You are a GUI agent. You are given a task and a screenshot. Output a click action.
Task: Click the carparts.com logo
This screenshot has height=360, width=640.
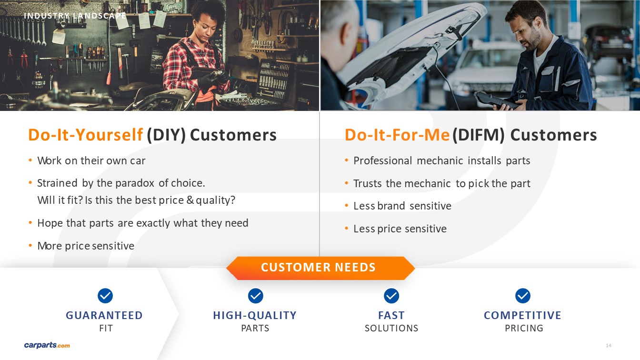coord(47,345)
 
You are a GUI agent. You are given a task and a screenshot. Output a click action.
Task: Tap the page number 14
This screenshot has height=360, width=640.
coord(608,345)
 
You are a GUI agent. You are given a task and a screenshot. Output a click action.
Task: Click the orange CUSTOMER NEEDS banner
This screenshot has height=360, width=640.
coord(320,268)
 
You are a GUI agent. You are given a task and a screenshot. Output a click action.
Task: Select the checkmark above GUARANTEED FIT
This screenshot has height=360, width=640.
coord(105,296)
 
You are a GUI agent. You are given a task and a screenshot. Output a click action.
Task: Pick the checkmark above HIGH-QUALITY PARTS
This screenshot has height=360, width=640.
coord(255,296)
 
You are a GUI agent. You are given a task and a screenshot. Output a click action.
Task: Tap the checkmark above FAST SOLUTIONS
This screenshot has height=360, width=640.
coord(391,296)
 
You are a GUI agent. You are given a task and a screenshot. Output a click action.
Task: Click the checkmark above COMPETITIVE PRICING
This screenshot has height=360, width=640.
coord(523,296)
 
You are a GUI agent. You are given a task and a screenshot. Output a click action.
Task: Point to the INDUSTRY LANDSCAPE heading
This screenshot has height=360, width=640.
coord(75,16)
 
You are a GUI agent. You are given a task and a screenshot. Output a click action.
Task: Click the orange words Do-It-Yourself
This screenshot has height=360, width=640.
coord(85,135)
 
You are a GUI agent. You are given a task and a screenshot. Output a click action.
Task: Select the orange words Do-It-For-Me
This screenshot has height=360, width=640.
coord(398,135)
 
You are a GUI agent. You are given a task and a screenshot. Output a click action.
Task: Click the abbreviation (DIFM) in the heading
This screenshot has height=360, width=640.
coord(479,135)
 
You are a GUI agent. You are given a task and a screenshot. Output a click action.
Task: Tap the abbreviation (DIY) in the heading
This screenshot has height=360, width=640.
coord(166,135)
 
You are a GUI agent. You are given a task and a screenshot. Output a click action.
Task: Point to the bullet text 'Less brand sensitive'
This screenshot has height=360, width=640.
coord(402,206)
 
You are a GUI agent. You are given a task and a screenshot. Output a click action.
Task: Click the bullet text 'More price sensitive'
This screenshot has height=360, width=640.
coord(86,246)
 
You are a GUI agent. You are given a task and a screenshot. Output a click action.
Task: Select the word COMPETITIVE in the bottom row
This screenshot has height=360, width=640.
coord(522,315)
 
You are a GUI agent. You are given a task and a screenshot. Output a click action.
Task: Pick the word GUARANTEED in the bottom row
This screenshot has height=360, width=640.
coord(104,315)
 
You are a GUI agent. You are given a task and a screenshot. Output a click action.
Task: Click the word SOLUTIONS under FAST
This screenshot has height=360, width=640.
coord(391,328)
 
